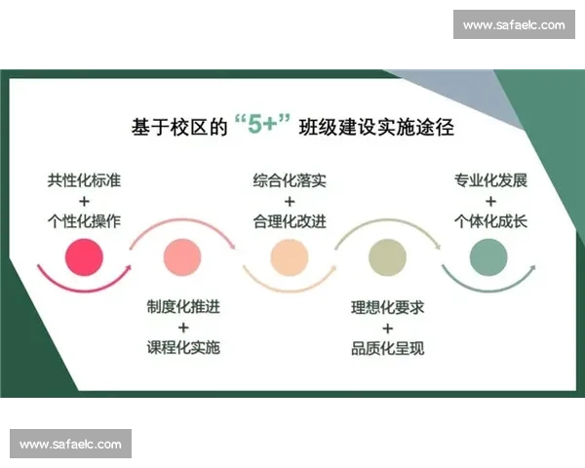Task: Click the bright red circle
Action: coord(84,256)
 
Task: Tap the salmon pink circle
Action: coord(182,256)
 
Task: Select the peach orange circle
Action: coord(289,256)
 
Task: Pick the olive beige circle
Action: coord(387,256)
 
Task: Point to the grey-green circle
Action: coord(488,256)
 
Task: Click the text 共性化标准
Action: coord(84,180)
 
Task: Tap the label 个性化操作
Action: coord(84,219)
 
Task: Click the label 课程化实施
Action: coord(183,347)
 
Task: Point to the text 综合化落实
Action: coord(290,180)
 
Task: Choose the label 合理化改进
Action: coord(290,219)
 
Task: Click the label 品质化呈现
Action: coord(388,348)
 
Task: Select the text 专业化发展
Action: coord(489,180)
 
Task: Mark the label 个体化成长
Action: coord(489,219)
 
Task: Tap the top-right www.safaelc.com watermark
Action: coord(514,24)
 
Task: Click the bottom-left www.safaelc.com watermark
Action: coord(70,445)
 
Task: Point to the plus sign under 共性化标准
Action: coord(84,200)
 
